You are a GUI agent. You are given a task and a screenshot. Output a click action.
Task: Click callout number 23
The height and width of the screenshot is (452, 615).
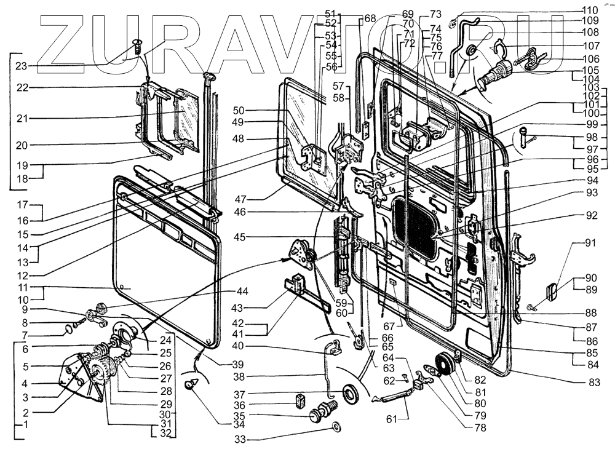22,65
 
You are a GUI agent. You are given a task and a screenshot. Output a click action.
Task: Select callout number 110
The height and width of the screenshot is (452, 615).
590,10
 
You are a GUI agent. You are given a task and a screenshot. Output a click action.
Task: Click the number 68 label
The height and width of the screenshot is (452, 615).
369,18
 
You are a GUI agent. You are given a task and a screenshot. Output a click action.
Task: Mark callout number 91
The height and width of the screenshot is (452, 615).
590,243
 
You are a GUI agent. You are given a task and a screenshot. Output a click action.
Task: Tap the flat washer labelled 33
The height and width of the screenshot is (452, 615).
338,427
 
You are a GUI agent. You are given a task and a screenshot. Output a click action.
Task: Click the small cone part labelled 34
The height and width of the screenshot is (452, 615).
192,384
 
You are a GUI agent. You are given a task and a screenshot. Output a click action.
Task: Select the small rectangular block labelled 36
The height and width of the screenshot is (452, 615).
301,399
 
